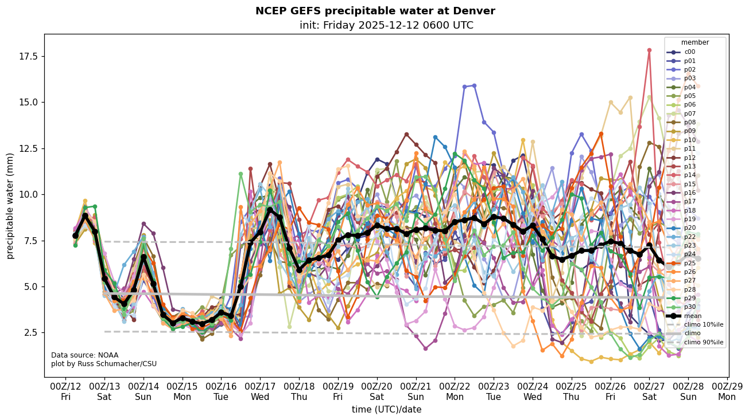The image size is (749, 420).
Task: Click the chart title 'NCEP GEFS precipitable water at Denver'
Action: (x=375, y=11)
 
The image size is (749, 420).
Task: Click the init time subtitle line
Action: (x=386, y=25)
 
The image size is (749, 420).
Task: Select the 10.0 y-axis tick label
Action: (x=28, y=194)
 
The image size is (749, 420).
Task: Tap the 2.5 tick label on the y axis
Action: (x=30, y=332)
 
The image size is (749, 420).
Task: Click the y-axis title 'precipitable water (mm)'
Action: (x=10, y=206)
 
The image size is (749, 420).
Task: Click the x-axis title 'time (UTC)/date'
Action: (x=386, y=409)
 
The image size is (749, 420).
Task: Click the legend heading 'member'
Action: (x=694, y=42)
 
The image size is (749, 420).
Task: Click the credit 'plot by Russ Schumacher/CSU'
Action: (x=103, y=364)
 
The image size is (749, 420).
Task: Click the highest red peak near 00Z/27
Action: (x=649, y=50)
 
